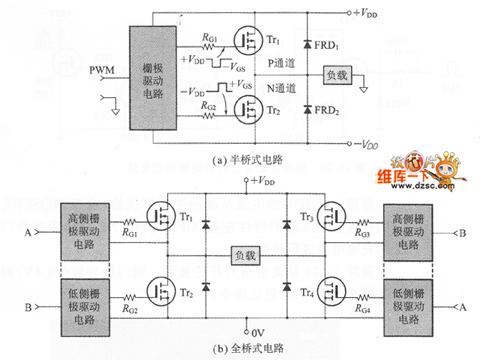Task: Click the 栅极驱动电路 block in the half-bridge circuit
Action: (154, 78)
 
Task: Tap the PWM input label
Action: (103, 70)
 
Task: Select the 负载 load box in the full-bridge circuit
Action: (245, 256)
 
